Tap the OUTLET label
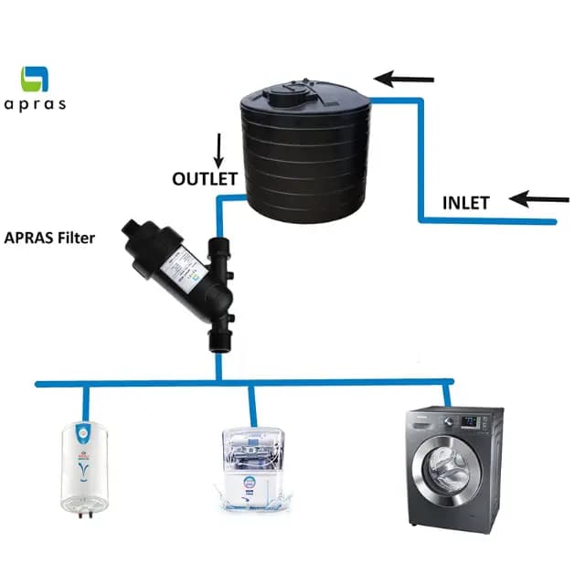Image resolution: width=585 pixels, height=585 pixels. (205, 178)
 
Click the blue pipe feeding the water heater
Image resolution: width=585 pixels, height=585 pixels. (87, 398)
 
